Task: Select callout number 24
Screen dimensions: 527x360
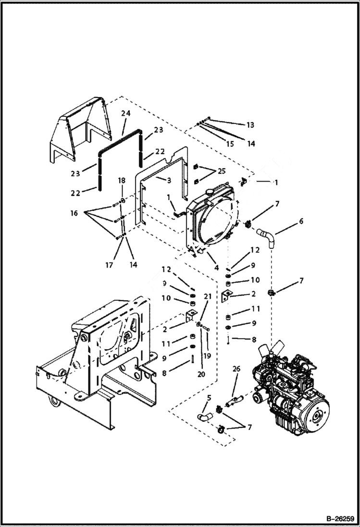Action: click(x=125, y=113)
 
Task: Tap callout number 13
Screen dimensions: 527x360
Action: click(x=250, y=125)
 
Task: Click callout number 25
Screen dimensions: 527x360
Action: click(x=221, y=171)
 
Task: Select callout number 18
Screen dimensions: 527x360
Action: click(x=122, y=180)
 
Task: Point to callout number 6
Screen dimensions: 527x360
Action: click(x=301, y=221)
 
